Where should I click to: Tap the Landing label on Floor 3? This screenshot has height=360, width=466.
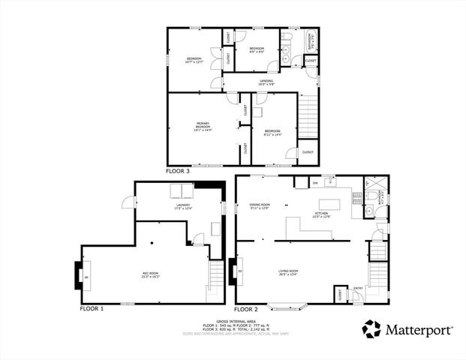pos(266,82)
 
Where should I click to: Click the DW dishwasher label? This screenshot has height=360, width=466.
pos(315,183)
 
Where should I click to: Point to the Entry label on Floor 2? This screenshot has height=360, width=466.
pos(358,287)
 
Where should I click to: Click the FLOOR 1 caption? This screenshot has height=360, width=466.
pos(92,308)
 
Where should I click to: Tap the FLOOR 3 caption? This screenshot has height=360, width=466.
pos(178,170)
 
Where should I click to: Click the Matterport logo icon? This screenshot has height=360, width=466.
pos(373,329)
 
